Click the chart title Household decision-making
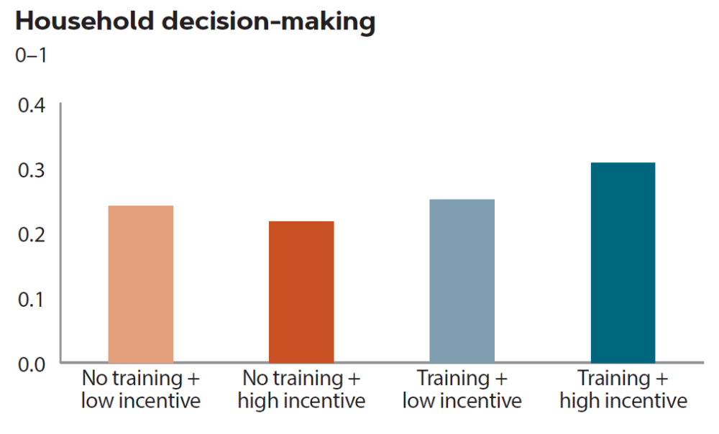point(195,22)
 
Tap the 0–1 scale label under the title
point(31,55)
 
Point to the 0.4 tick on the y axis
point(31,106)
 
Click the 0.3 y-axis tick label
point(31,170)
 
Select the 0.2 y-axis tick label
point(31,234)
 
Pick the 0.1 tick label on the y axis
point(31,299)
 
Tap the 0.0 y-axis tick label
point(31,364)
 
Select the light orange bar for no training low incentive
point(140,284)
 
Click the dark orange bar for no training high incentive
point(301,292)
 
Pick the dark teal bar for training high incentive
point(623,262)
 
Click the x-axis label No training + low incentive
point(140,389)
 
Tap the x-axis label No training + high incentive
point(301,389)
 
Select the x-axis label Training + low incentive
point(462,389)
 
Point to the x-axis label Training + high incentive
point(623,389)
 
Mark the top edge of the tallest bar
point(623,163)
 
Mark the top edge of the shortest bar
point(301,222)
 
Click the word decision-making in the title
point(269,22)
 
